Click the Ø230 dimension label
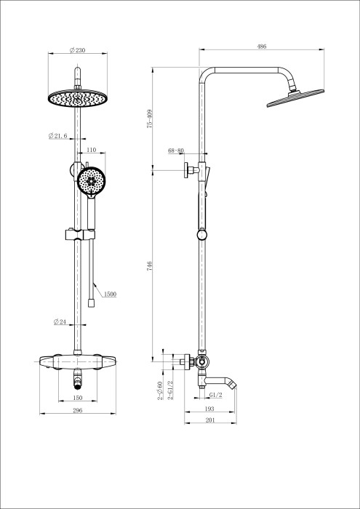point(77,49)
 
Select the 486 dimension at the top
point(261,47)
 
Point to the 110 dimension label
point(92,150)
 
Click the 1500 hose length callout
point(111,294)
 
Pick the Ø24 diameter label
point(60,321)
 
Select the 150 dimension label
point(77,398)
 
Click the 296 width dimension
point(77,411)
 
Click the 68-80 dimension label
point(176,151)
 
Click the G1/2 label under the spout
point(215,395)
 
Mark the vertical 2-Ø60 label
point(159,390)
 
